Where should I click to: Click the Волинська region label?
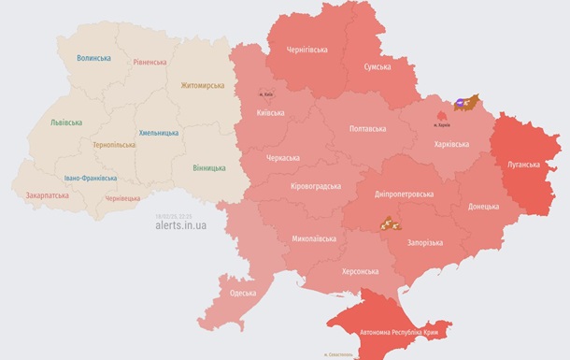[93, 58]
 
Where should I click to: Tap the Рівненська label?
[150, 63]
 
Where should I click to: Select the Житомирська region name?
[202, 86]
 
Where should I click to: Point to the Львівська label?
[66, 122]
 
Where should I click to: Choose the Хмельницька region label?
[159, 133]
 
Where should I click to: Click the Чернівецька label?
[122, 198]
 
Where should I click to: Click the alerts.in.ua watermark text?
[182, 225]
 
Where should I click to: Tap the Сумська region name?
[378, 68]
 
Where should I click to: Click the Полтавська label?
[367, 128]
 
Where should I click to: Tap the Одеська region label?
[244, 293]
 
